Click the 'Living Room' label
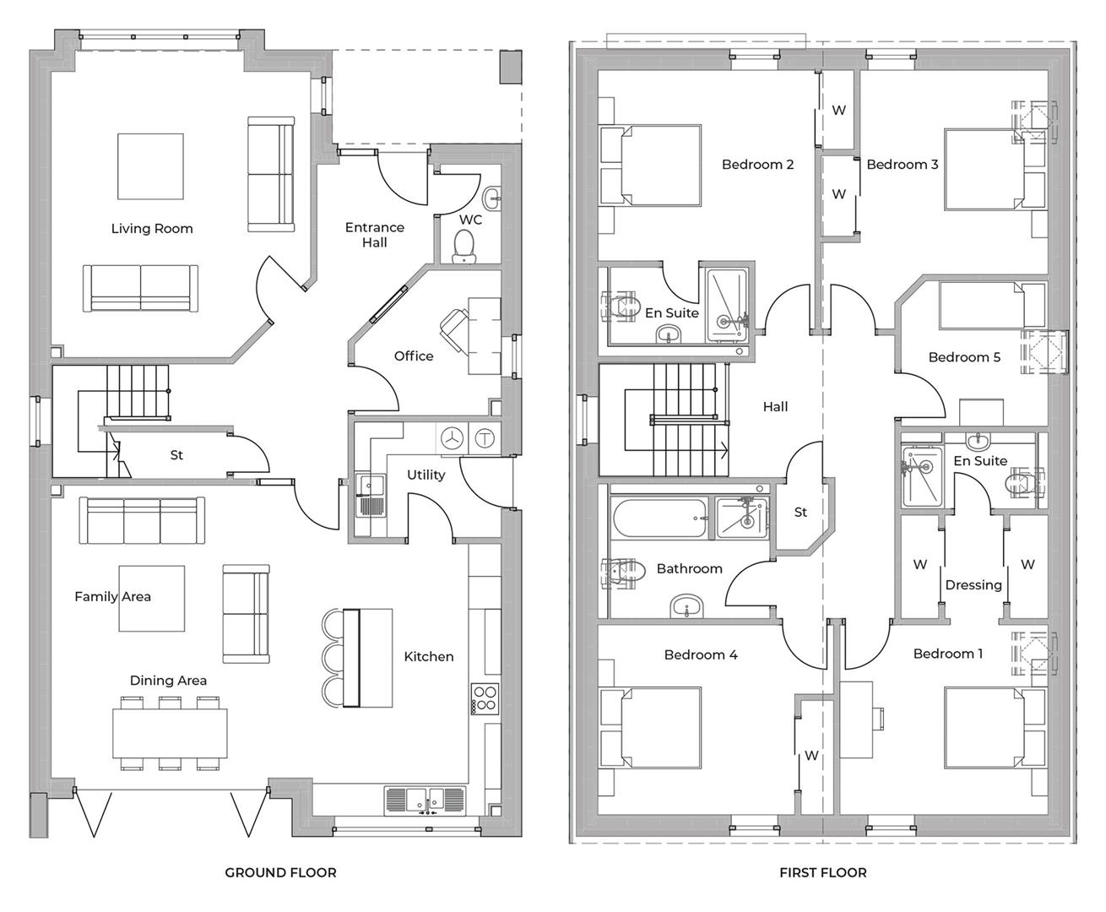[152, 229]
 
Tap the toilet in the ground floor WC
[464, 247]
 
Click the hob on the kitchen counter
[485, 698]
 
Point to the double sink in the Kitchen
[425, 799]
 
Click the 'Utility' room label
[426, 475]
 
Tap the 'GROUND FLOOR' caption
[280, 872]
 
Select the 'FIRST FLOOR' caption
[822, 872]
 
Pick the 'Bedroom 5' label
[964, 357]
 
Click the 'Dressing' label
[973, 584]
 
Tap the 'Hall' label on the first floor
[775, 407]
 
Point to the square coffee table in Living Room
[150, 166]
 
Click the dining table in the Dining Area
[170, 732]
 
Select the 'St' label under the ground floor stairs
[176, 455]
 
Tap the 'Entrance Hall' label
[375, 235]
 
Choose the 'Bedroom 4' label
[701, 654]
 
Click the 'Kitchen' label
[429, 656]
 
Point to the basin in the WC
[492, 199]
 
